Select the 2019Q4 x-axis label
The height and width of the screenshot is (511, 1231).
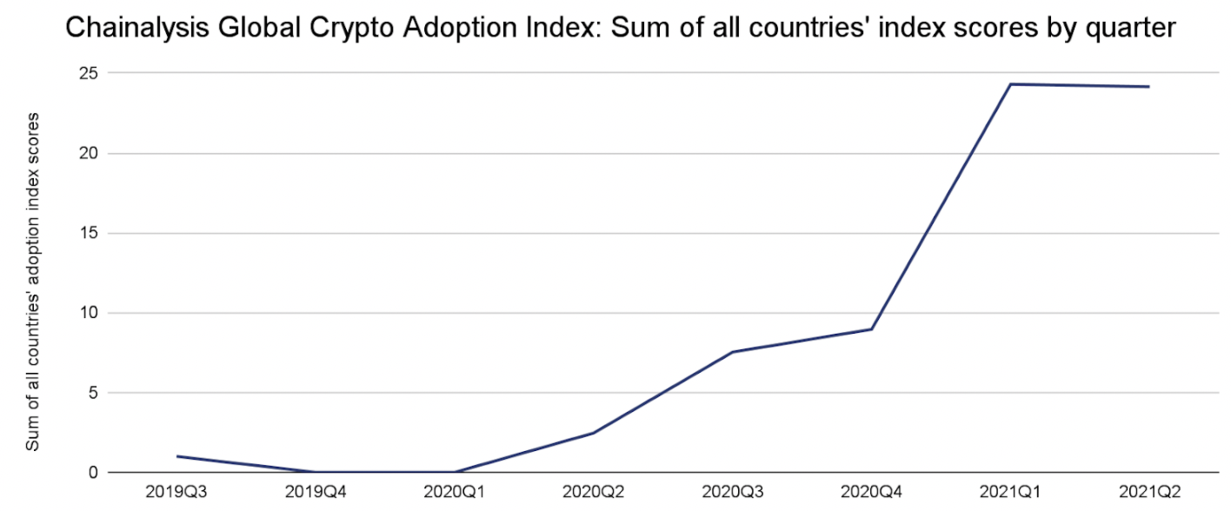[315, 492]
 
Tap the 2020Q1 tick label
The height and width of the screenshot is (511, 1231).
[454, 492]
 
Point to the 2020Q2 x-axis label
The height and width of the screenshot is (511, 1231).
[593, 492]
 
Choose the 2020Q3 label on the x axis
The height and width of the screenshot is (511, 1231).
[732, 492]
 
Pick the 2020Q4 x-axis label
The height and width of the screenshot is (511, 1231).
[871, 492]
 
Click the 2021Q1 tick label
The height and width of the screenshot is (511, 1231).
[1010, 492]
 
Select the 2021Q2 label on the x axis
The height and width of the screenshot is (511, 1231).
[1149, 492]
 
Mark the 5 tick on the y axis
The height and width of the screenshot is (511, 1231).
[90, 393]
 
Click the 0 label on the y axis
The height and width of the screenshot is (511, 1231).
[90, 473]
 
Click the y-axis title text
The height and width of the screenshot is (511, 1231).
[32, 281]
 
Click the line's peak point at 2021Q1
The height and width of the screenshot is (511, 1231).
[1010, 84]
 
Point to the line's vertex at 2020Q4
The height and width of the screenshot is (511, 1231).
[871, 329]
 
